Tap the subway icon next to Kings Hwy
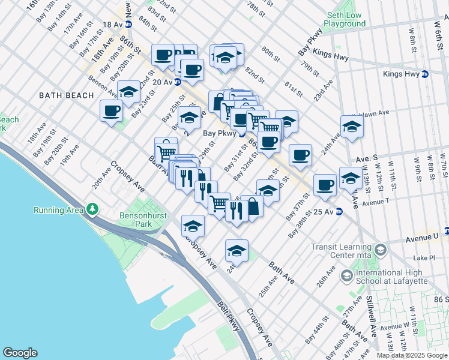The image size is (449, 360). [426, 74]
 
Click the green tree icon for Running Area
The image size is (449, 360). [92, 209]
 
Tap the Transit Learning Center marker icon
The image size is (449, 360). [379, 248]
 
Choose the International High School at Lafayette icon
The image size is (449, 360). [346, 275]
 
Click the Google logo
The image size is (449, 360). [20, 353]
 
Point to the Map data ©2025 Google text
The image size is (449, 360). [412, 355]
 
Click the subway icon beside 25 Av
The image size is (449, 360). [339, 212]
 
